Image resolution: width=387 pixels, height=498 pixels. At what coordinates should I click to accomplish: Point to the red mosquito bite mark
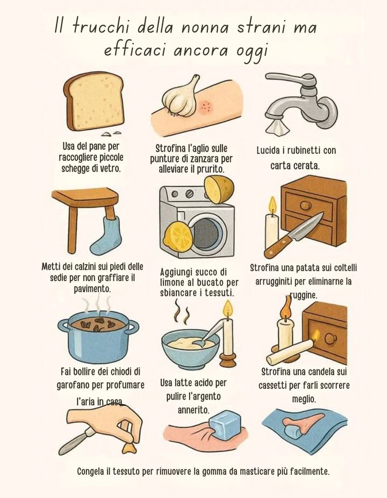click(x=205, y=106)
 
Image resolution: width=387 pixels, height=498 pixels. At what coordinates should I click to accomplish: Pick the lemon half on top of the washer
click(x=219, y=190)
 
